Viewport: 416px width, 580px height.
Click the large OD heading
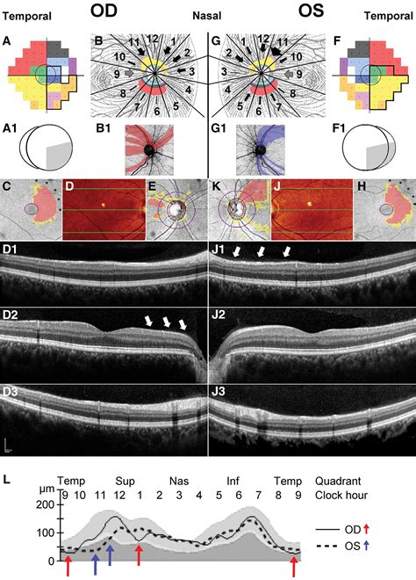pos(104,11)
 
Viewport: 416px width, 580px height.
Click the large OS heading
pos(311,11)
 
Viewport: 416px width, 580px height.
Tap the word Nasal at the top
pos(207,16)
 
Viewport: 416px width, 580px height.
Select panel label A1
pos(10,129)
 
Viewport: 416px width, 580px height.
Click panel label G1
pos(218,129)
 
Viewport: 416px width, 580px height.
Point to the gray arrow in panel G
pos(289,74)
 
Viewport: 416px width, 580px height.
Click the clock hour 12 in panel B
pos(152,39)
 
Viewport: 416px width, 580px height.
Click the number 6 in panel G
pos(259,111)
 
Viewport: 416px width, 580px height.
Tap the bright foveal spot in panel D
pos(104,204)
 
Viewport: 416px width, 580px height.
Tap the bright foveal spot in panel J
pos(310,203)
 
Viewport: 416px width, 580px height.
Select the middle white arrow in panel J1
pos(262,252)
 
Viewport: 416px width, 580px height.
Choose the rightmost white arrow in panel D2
pos(183,325)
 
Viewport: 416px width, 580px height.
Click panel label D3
pos(10,392)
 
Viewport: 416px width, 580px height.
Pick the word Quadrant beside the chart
pos(338,481)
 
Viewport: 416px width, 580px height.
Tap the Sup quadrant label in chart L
pos(125,481)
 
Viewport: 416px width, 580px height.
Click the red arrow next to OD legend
pos(366,529)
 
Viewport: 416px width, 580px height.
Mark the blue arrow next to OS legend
pos(366,546)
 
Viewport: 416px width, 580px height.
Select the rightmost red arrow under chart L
pos(294,567)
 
